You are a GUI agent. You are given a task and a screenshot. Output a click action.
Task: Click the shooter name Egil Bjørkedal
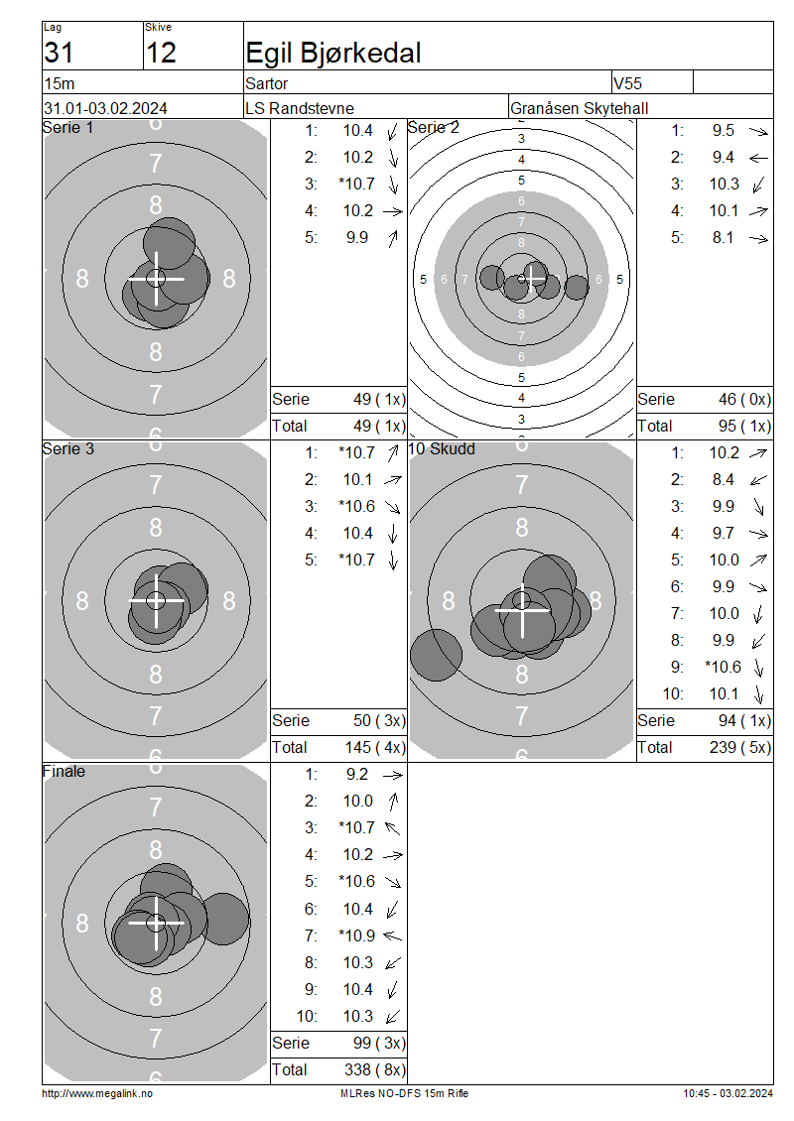click(x=332, y=53)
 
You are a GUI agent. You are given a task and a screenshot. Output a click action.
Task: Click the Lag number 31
click(x=59, y=53)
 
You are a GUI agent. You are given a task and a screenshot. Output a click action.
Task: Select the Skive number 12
click(x=160, y=53)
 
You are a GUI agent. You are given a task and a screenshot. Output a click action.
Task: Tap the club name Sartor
click(x=266, y=83)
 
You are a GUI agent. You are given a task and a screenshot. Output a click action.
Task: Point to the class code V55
click(x=627, y=83)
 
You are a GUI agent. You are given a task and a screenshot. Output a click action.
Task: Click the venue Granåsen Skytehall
click(x=580, y=109)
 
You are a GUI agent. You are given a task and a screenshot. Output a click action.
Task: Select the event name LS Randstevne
click(x=300, y=109)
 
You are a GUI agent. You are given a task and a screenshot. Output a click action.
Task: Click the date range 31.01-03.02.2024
click(x=106, y=109)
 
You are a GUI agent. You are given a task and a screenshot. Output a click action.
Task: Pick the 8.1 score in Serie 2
click(x=723, y=237)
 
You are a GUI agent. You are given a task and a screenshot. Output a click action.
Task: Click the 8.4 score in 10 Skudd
click(x=723, y=480)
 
